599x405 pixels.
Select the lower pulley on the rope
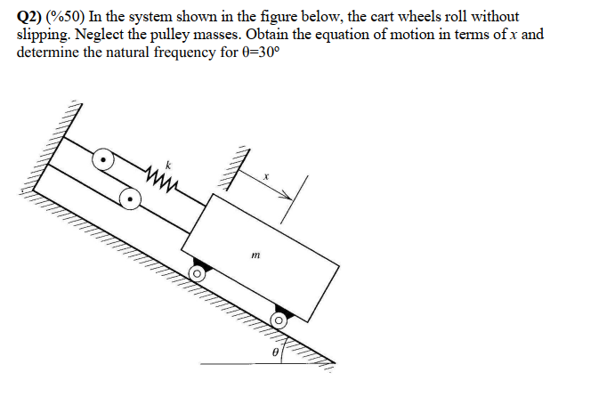tap(131, 198)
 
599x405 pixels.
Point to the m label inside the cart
tap(255, 255)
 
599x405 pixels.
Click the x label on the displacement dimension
tap(264, 177)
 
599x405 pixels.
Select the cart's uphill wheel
tap(198, 275)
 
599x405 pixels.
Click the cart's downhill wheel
tap(279, 319)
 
